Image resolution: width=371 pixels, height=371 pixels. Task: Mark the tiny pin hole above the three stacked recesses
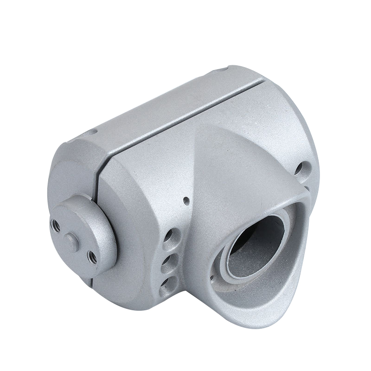tap(186, 201)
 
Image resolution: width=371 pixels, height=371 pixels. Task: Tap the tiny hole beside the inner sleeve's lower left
tap(212, 279)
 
